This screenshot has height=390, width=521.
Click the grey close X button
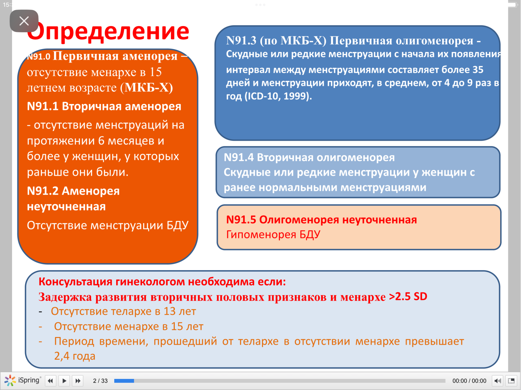[x=24, y=21]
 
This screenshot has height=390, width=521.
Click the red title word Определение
[x=108, y=32]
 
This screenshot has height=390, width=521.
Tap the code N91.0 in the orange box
[x=38, y=57]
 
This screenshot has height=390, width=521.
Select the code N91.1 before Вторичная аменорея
[x=43, y=106]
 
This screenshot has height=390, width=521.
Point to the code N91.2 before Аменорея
[x=43, y=191]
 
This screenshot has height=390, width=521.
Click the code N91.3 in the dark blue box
[x=241, y=41]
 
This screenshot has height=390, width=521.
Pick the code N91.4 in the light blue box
[x=239, y=158]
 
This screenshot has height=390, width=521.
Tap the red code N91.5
[x=241, y=220]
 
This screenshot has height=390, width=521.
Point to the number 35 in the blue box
[x=478, y=70]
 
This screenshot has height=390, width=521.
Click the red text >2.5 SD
[x=408, y=297]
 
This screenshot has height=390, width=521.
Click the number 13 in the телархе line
[x=170, y=311]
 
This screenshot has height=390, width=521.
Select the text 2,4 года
[x=75, y=356]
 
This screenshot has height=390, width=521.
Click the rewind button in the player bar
[x=50, y=381]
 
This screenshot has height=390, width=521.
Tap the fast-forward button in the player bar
[x=78, y=381]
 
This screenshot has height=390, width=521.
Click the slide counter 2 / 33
[x=100, y=381]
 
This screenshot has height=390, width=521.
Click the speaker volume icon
[x=497, y=381]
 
